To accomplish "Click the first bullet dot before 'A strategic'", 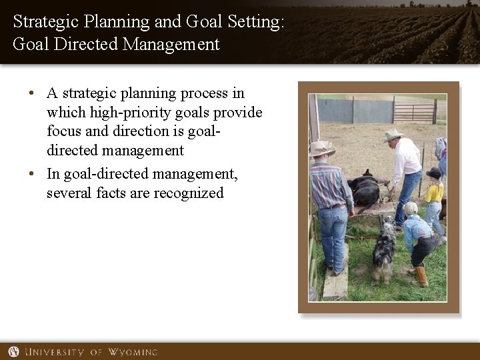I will tap(31, 94).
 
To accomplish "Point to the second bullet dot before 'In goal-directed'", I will tap(31, 175).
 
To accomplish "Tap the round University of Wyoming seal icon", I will tap(13, 351).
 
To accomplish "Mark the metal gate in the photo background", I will tap(413, 109).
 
